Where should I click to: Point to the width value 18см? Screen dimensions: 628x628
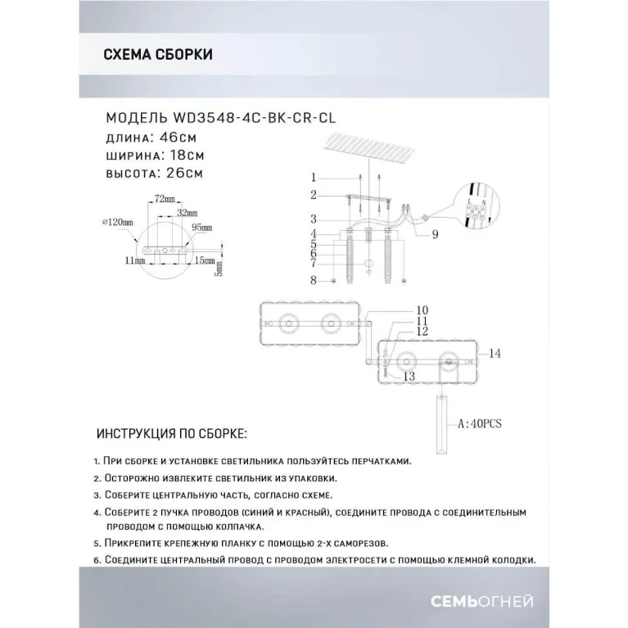point(185,154)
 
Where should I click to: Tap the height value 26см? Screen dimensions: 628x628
point(184,173)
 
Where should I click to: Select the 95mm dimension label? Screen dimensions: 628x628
point(201,228)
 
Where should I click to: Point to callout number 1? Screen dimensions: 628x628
point(313,178)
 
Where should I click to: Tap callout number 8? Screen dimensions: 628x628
point(313,280)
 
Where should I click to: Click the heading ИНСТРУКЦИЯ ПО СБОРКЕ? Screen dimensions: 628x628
point(171,432)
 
